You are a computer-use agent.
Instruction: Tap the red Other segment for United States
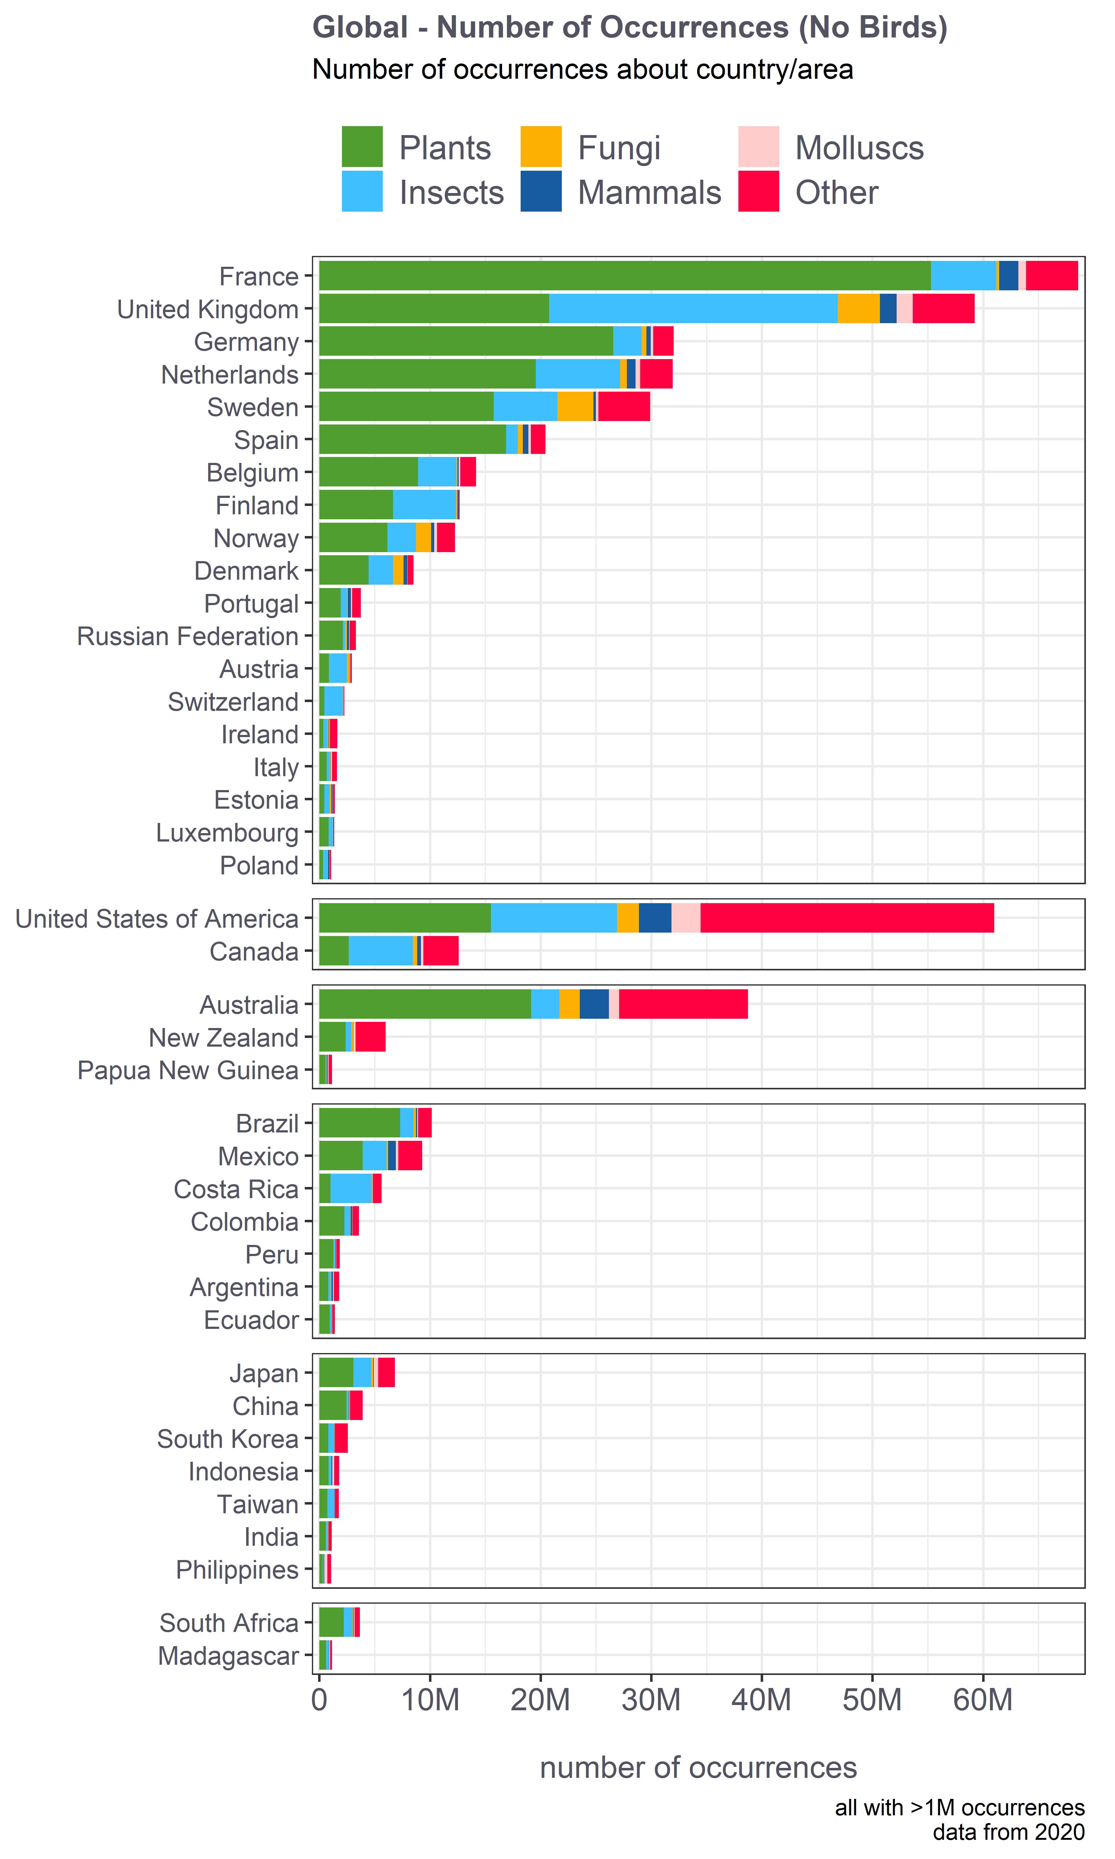(847, 918)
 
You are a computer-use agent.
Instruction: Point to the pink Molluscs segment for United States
(685, 918)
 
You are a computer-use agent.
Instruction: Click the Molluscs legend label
(859, 148)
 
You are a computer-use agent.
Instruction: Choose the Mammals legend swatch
(540, 191)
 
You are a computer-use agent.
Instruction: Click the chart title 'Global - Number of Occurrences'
(630, 28)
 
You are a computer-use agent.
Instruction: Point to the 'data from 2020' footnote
(1008, 1832)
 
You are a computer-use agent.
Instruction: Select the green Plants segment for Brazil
(359, 1123)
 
